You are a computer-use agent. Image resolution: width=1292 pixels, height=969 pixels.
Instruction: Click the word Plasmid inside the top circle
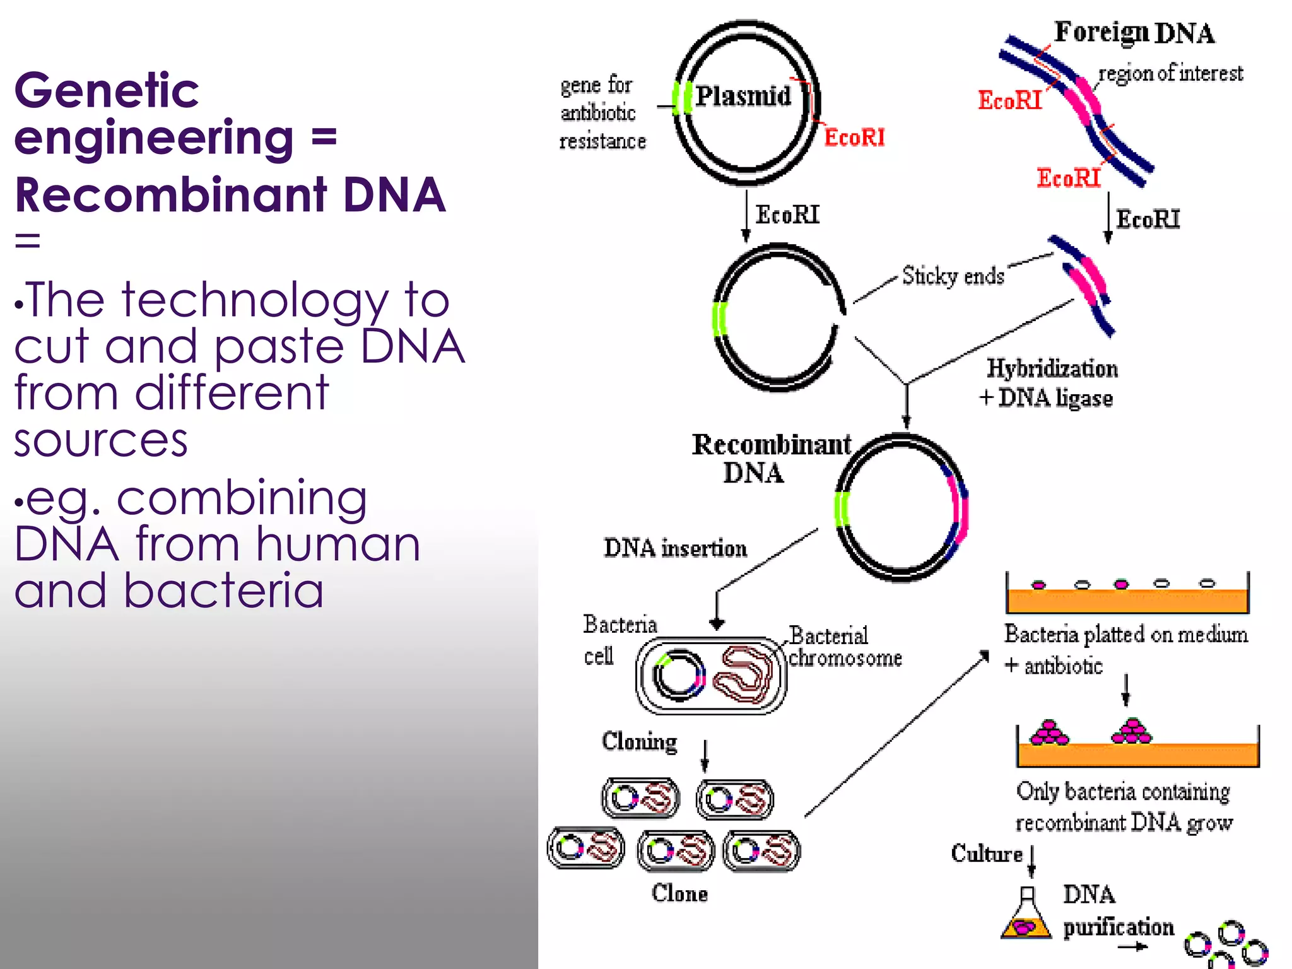[743, 97]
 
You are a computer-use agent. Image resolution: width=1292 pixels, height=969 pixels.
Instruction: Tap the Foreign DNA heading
[1134, 33]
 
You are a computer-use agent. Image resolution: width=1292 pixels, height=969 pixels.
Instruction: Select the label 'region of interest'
[1170, 74]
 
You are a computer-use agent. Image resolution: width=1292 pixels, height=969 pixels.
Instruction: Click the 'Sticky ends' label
[953, 276]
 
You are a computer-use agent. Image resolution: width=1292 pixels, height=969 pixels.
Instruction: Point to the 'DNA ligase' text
[1055, 398]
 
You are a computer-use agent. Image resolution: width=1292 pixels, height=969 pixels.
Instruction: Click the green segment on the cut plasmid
[720, 319]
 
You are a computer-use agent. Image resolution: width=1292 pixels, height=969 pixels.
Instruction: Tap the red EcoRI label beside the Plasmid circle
[854, 138]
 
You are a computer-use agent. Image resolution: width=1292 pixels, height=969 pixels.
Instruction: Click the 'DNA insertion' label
[675, 548]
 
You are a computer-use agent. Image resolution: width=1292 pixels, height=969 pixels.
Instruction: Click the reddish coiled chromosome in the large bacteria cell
[744, 674]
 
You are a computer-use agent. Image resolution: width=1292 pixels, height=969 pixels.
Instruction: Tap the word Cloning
[639, 741]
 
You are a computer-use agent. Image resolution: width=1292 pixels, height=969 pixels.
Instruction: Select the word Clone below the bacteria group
[679, 893]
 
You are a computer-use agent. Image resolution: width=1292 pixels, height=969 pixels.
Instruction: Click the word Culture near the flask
[987, 854]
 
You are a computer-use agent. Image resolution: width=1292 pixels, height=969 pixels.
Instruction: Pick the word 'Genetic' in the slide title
[107, 90]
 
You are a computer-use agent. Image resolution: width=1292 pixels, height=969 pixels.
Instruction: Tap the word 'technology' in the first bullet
[255, 301]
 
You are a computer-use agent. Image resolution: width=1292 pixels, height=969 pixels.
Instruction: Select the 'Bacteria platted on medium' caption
[1126, 635]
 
